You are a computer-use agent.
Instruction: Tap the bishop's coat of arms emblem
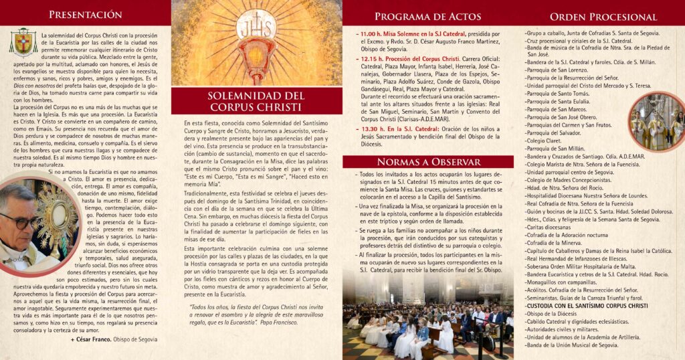23,41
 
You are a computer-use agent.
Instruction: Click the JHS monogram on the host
256,27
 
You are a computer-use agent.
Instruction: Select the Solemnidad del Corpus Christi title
256,101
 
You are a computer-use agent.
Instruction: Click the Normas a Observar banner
427,162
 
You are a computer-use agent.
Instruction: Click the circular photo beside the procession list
658,121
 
